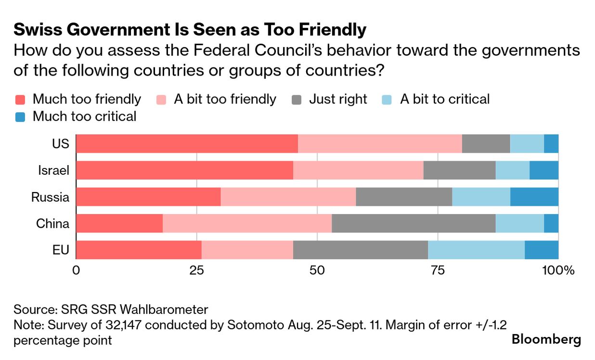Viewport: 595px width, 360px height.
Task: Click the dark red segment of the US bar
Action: pos(187,143)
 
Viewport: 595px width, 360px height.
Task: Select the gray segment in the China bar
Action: pos(414,224)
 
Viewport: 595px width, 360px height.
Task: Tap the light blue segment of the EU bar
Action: pos(476,250)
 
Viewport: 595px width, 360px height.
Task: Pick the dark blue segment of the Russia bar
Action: pos(534,197)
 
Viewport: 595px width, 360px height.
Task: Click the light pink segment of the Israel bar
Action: pos(358,170)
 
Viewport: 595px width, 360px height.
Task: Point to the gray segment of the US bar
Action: pos(486,143)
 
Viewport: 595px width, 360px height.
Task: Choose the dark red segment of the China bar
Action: pos(119,224)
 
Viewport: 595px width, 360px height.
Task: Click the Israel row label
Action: pos(54,170)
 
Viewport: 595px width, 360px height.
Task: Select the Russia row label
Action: pos(51,197)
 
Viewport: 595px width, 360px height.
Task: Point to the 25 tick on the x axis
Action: pos(196,270)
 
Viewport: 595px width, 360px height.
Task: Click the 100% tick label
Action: pos(558,270)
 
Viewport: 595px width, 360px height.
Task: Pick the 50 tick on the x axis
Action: pos(317,270)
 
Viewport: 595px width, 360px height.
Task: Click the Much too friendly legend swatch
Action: pos(20,100)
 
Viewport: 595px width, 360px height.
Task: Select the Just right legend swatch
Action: pos(297,100)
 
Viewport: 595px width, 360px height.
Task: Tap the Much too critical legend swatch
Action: pos(20,116)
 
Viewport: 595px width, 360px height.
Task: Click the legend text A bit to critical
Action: pos(444,99)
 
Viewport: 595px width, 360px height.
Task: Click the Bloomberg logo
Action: pos(546,339)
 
